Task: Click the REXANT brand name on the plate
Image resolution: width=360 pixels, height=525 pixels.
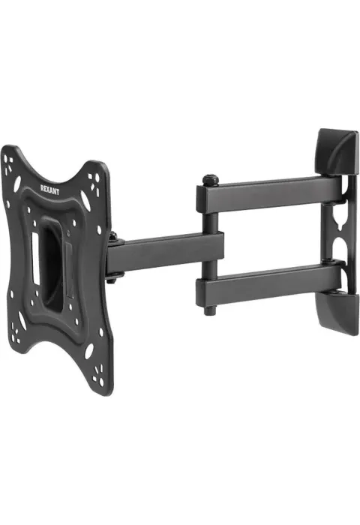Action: pyautogui.click(x=49, y=190)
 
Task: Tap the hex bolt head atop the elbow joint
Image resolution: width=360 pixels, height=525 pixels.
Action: pyautogui.click(x=211, y=179)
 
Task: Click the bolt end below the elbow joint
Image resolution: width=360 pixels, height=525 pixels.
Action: pyautogui.click(x=210, y=311)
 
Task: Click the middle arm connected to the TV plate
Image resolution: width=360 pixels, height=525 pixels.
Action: pyautogui.click(x=165, y=253)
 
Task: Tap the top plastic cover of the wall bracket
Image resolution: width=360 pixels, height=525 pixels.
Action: pyautogui.click(x=336, y=152)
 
